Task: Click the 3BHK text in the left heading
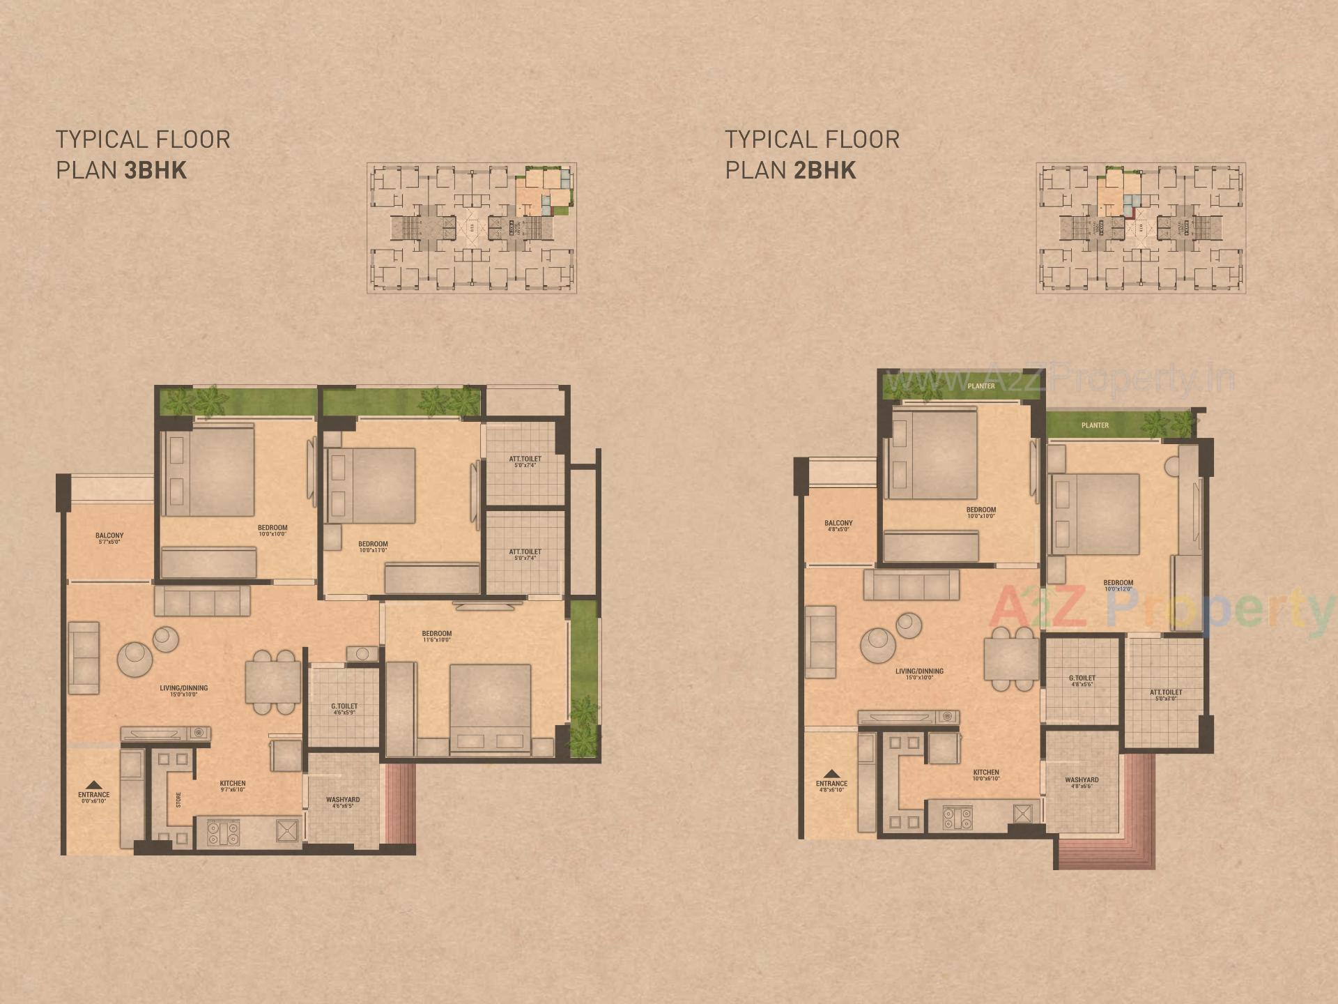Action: pos(155,171)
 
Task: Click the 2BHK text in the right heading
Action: pos(824,171)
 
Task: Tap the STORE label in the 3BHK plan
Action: pos(178,799)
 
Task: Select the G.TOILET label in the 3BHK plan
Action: pos(344,707)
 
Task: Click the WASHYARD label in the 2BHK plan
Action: pos(1082,781)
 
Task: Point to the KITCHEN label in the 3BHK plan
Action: pos(233,784)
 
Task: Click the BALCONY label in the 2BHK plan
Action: pos(838,524)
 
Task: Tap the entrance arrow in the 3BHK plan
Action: pos(94,785)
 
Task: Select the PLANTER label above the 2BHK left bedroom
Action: pos(981,386)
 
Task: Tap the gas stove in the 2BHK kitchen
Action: pos(958,817)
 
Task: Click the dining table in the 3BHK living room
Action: pos(272,682)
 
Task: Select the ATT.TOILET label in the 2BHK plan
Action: pos(1166,693)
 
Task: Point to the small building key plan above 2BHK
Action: pos(1141,228)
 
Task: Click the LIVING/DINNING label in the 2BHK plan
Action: pos(919,672)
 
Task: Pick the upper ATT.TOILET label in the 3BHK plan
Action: pos(525,460)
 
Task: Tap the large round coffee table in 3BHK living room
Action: pos(134,659)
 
